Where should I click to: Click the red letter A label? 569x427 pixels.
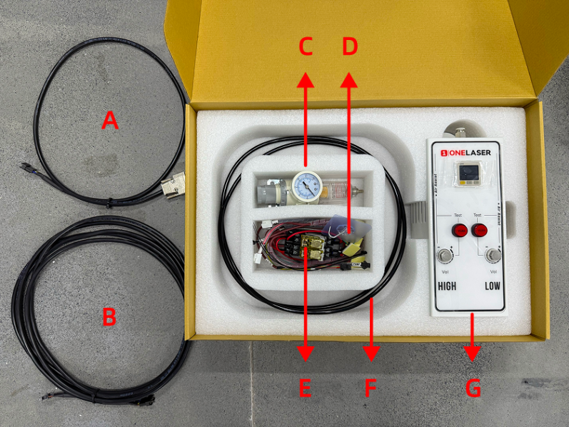point(109,120)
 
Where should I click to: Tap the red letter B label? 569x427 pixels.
point(109,316)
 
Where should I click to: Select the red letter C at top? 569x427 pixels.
point(306,47)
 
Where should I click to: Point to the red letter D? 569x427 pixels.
point(349,47)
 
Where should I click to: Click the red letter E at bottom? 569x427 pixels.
point(305,388)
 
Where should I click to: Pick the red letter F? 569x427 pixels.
point(370,388)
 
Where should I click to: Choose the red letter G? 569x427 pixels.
point(473,388)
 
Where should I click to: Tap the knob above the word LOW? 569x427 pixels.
point(491,255)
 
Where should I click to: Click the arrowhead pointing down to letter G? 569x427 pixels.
point(472,354)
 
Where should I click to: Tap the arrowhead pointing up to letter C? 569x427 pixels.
point(306,77)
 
